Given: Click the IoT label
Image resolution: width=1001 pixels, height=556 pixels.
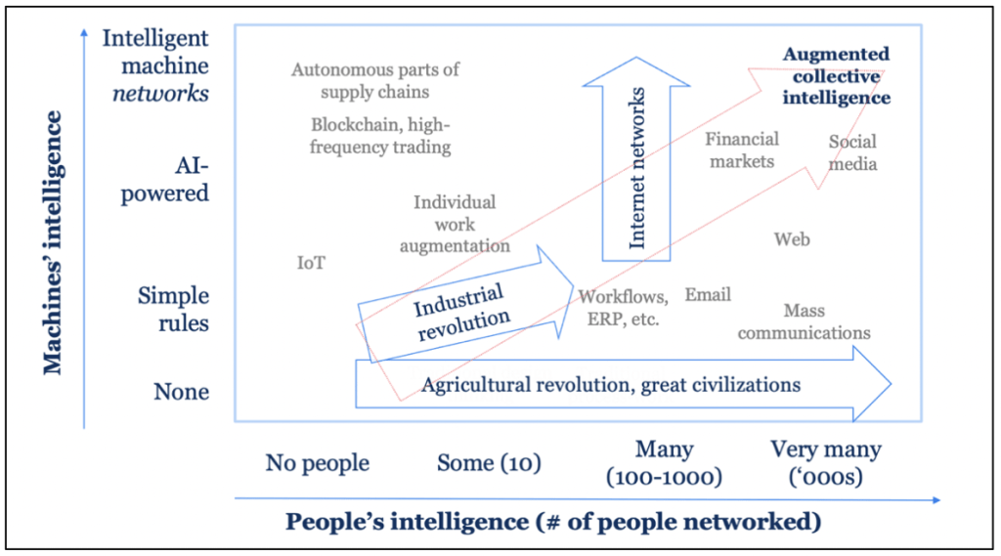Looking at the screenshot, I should click(x=311, y=263).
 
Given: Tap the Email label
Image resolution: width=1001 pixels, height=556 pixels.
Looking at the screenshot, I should click(x=708, y=295).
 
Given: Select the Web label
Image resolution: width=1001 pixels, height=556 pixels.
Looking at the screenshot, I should click(x=791, y=239).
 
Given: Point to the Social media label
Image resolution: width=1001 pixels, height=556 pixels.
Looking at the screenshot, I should click(x=852, y=152).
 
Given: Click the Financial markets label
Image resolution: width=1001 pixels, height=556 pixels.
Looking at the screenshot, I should click(x=742, y=150).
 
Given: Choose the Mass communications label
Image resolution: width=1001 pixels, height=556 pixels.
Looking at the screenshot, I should click(x=804, y=322).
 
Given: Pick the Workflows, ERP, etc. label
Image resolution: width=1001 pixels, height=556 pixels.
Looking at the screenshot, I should click(x=624, y=308).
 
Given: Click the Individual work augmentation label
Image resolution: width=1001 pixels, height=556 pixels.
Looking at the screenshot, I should click(x=455, y=224).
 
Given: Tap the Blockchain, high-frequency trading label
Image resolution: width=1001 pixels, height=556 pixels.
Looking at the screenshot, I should click(x=380, y=136).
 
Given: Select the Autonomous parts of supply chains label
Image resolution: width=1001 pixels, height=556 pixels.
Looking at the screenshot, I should click(x=375, y=81).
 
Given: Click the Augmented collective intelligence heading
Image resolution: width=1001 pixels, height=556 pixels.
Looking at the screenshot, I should click(x=836, y=76).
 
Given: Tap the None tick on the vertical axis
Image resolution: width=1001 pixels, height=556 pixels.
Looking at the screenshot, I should click(x=181, y=392).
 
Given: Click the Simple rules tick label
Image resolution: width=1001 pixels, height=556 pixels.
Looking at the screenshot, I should click(x=173, y=309).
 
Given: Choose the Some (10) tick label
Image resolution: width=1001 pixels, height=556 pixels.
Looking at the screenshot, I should click(x=489, y=461).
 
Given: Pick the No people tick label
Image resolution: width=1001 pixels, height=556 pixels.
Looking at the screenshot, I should click(x=317, y=461).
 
